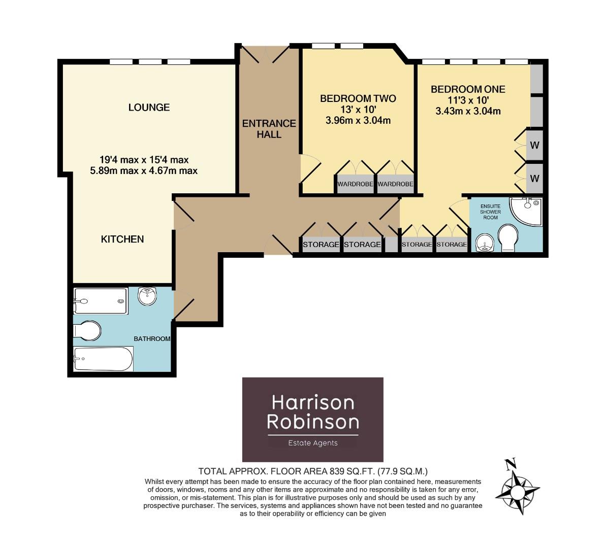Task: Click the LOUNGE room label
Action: pyautogui.click(x=149, y=108)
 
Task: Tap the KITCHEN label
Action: pyautogui.click(x=122, y=239)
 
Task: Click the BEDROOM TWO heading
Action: pyautogui.click(x=358, y=98)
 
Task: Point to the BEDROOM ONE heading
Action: pyautogui.click(x=468, y=89)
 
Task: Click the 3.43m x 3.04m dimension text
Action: pyautogui.click(x=468, y=111)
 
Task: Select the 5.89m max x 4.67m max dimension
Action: pyautogui.click(x=144, y=171)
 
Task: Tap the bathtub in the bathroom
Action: pyautogui.click(x=103, y=359)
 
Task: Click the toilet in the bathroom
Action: pyautogui.click(x=87, y=331)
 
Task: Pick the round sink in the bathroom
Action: pyautogui.click(x=148, y=296)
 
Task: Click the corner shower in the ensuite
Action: pyautogui.click(x=528, y=211)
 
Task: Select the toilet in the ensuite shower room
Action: pyautogui.click(x=507, y=238)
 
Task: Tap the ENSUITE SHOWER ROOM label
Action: pyautogui.click(x=490, y=212)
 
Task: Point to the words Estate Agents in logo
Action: pyautogui.click(x=312, y=443)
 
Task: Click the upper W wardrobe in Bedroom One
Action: pyautogui.click(x=534, y=145)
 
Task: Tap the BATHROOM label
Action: pyautogui.click(x=151, y=338)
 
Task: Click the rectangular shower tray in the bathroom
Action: pyautogui.click(x=101, y=301)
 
